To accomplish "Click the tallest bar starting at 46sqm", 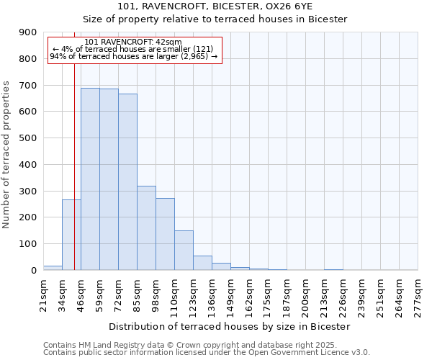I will (x=90, y=179).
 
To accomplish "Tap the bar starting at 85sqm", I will (x=146, y=228).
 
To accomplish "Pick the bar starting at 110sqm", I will (x=184, y=250).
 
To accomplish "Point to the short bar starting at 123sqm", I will (x=202, y=263).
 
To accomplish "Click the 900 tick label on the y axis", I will (x=28, y=32).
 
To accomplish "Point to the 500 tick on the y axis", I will (x=28, y=138).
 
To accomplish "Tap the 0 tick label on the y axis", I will (x=34, y=270).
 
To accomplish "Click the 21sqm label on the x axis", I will (x=44, y=292).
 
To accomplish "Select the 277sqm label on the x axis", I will (x=418, y=292).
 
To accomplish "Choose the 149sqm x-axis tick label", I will (x=231, y=292).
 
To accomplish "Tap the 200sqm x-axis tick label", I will (x=305, y=292).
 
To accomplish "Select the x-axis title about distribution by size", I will (x=230, y=326).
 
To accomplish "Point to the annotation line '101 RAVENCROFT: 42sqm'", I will (x=133, y=42).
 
